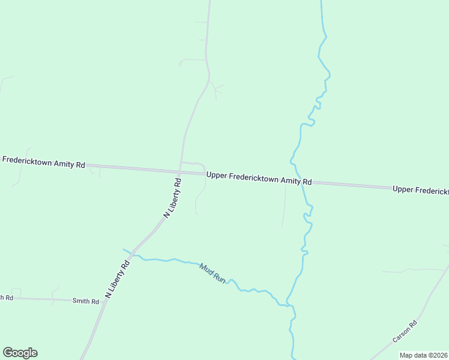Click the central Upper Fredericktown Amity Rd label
259,178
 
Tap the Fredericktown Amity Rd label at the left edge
43,161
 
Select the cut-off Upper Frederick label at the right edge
420,190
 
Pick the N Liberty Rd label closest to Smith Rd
118,279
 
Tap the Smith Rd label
85,301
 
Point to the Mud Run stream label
212,274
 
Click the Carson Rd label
405,331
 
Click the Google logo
20,353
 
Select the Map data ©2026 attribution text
423,355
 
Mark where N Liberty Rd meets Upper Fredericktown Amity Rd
180,170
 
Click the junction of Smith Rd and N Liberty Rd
106,301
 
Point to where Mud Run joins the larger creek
290,305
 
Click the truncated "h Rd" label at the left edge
6,298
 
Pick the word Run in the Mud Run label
218,278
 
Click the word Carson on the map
402,334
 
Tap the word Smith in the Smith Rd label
81,301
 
